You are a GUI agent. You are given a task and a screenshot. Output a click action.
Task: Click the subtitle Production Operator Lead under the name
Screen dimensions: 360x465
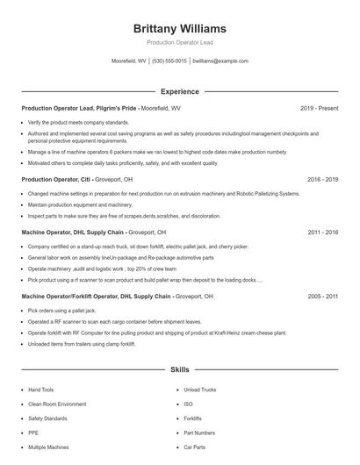tap(179, 42)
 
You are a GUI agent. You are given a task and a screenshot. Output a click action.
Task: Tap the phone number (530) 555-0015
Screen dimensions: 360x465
tap(169, 61)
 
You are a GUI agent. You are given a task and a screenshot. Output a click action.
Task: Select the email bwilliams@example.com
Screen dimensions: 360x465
tap(220, 61)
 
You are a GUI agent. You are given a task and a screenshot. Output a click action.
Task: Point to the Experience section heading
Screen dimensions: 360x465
tap(179, 91)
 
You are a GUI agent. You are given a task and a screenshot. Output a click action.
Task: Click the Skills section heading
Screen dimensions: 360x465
tap(179, 371)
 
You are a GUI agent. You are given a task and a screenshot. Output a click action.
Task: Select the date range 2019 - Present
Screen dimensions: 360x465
tap(319, 108)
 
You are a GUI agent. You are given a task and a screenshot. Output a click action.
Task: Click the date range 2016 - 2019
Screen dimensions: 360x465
tap(322, 179)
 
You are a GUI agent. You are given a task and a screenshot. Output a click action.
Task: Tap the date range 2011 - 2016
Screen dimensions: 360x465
tap(322, 232)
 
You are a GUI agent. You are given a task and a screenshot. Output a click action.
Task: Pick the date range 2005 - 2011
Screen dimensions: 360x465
tap(322, 297)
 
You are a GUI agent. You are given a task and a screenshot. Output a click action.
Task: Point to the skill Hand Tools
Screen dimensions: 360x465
tap(40, 389)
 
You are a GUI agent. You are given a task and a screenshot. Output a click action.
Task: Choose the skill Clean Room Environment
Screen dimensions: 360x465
tap(57, 404)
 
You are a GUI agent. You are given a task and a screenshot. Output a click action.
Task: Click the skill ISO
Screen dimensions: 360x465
tap(188, 404)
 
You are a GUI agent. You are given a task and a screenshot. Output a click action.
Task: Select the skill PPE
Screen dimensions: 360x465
tap(33, 433)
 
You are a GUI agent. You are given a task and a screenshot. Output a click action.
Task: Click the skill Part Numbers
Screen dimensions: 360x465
tap(198, 433)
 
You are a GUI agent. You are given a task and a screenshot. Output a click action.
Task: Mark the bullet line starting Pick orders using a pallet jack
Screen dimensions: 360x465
tap(61, 311)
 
